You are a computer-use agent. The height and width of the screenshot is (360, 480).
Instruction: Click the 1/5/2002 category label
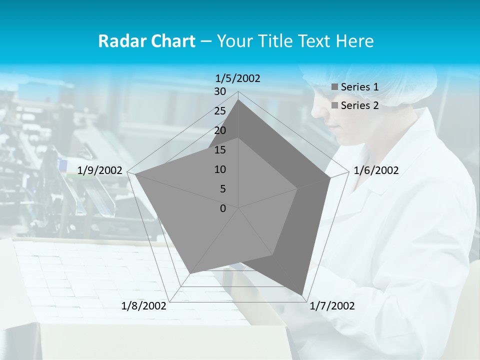pos(237,78)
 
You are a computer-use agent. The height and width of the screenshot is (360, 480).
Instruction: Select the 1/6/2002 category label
pos(376,170)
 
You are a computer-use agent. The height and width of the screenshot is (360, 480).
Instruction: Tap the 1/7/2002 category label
pos(332,306)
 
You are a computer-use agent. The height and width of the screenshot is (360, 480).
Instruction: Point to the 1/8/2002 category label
pos(144,306)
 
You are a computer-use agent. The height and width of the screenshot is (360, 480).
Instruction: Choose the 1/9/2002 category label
pos(100,170)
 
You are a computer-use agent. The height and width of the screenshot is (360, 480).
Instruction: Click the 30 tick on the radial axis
pos(220,91)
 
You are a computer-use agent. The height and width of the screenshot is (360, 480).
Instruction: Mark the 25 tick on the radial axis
pos(220,111)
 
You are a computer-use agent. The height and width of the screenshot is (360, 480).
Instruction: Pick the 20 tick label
pos(220,130)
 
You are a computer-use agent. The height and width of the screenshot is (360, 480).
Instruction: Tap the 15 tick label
pos(220,150)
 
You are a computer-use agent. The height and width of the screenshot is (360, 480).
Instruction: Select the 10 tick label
pos(220,169)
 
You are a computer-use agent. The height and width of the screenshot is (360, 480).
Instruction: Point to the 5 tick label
pos(222,189)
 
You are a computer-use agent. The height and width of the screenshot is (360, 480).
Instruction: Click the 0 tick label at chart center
pos(223,208)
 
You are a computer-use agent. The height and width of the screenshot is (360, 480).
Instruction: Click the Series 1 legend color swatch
pos(335,87)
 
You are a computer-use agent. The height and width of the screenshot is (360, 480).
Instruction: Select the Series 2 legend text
pos(359,105)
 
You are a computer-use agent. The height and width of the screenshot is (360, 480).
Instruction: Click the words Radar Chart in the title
pos(146,41)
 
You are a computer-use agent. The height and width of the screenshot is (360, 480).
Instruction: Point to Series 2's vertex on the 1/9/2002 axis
pos(135,174)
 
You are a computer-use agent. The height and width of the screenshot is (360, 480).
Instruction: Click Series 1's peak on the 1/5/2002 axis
pos(238,99)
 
